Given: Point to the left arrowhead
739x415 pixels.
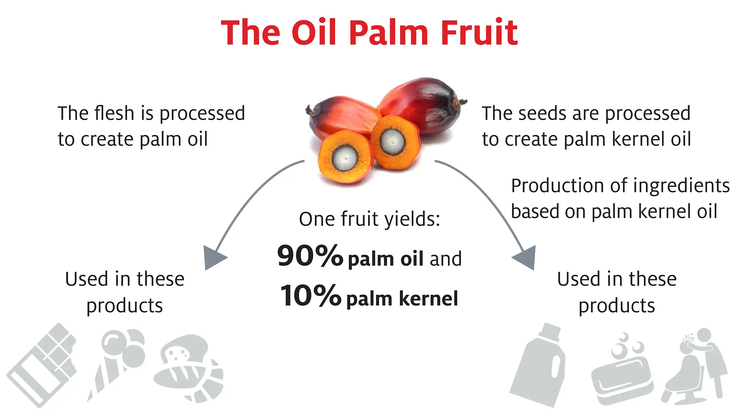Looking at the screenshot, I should [214, 257].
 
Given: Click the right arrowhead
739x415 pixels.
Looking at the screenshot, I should [526, 257].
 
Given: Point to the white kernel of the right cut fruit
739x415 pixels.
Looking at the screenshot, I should [392, 141].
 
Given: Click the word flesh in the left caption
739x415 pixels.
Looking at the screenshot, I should [114, 113].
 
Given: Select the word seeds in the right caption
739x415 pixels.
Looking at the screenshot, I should [541, 114].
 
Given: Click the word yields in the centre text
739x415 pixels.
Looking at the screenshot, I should [412, 219].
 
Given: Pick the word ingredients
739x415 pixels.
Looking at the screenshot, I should [681, 186].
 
